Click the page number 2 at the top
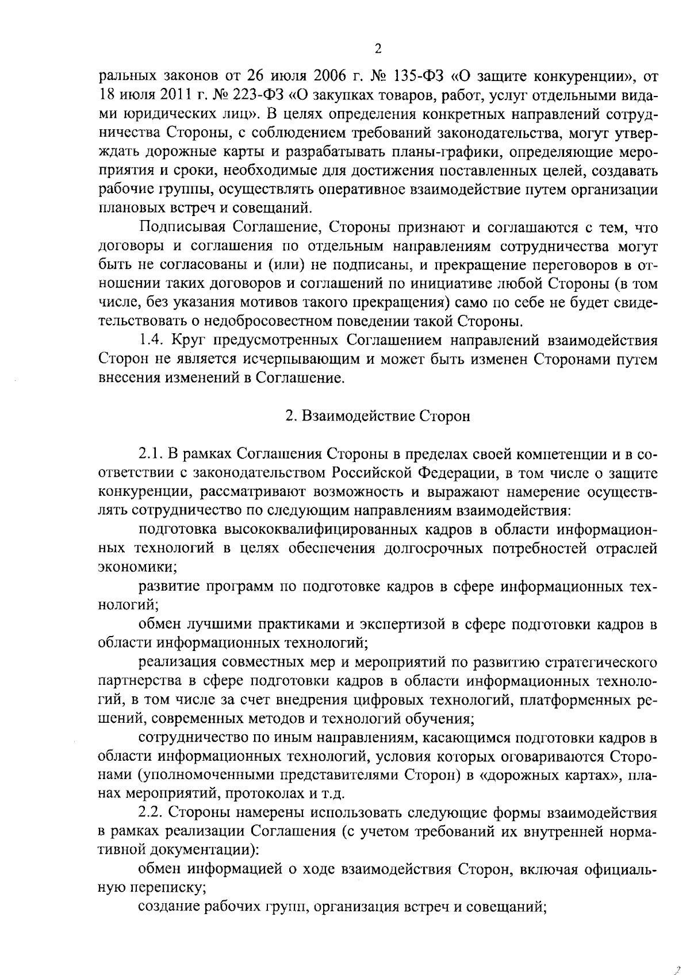click(378, 49)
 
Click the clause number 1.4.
click(152, 341)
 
